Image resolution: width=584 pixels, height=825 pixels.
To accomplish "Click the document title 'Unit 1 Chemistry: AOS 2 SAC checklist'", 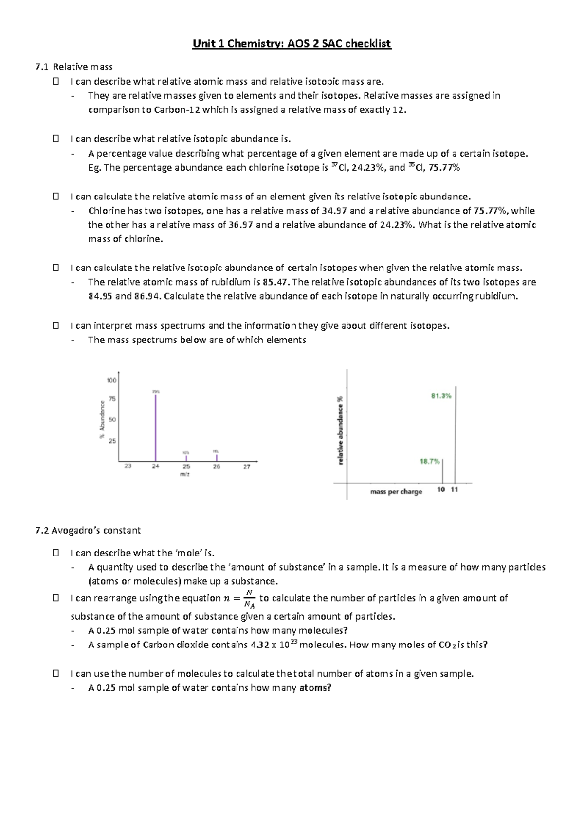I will coord(292,44).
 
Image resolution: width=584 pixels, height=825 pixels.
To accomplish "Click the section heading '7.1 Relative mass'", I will coord(74,67).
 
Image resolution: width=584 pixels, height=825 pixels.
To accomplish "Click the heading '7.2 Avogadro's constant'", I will coord(88,530).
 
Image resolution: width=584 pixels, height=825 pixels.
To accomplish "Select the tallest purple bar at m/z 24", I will coord(156,428).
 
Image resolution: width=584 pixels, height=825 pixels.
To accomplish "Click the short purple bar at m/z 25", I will coord(186,458).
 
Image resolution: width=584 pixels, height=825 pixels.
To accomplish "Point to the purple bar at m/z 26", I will coord(217,457).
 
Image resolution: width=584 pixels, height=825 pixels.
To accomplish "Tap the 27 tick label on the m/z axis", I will coord(247,466).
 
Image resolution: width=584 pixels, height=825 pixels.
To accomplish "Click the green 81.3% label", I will coord(441,396).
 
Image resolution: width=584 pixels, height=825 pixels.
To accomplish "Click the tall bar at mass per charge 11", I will coord(455,433).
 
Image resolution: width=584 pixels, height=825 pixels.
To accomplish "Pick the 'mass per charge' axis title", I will coord(396,492).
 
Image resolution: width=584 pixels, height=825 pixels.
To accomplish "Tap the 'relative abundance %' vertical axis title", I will coord(341,430).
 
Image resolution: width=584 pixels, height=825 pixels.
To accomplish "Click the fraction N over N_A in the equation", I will coord(250,599).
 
